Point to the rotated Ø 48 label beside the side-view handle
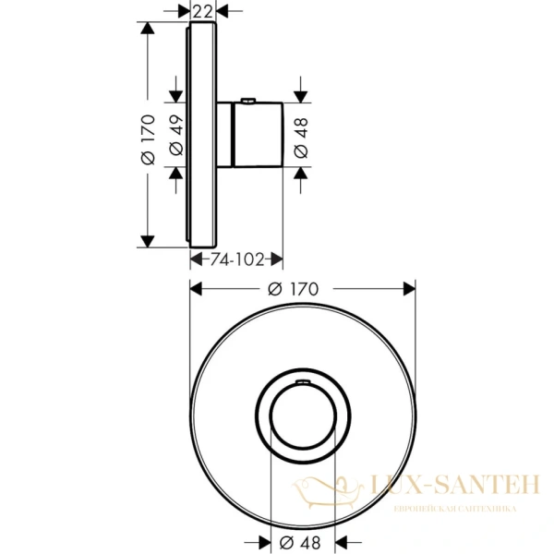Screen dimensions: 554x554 click(x=300, y=135)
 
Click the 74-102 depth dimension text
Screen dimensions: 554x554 click(x=237, y=261)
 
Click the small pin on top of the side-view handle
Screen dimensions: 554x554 click(x=248, y=100)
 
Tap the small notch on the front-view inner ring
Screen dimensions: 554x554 click(x=300, y=380)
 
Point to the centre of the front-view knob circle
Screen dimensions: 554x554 click(x=300, y=414)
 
